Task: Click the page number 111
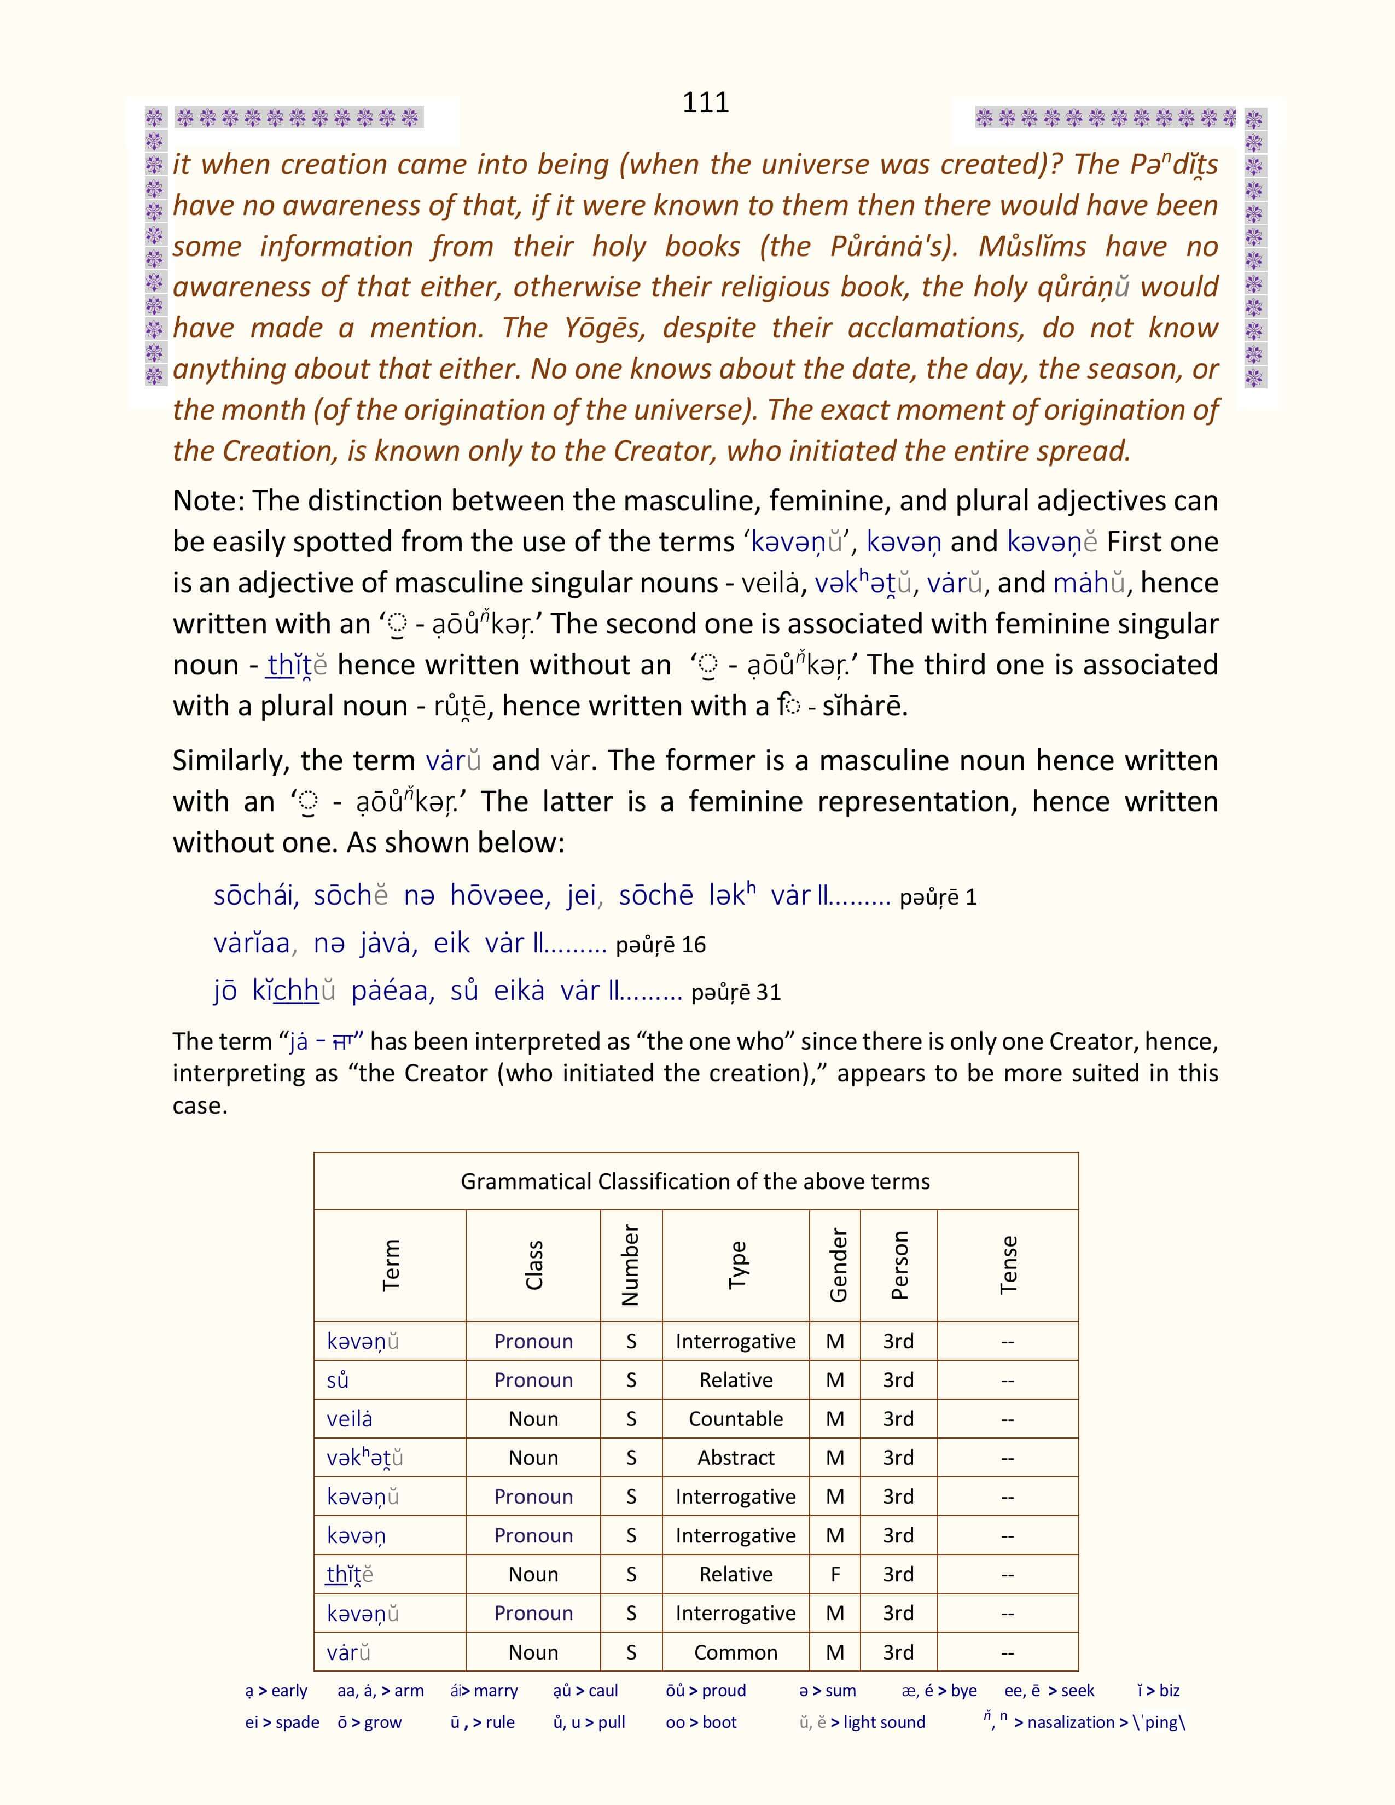pyautogui.click(x=705, y=102)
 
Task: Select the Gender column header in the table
pyautogui.click(x=837, y=1265)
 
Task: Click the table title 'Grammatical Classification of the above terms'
pyautogui.click(x=695, y=1181)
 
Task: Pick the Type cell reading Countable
pyautogui.click(x=735, y=1419)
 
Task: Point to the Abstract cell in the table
pyautogui.click(x=735, y=1458)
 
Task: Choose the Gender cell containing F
pyautogui.click(x=835, y=1574)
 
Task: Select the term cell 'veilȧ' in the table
pyautogui.click(x=350, y=1419)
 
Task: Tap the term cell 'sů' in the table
pyautogui.click(x=338, y=1380)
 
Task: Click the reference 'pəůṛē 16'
pyautogui.click(x=660, y=945)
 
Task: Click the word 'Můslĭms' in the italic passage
pyautogui.click(x=1032, y=246)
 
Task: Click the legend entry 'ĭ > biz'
pyautogui.click(x=1158, y=1691)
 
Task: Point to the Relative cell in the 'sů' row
pyautogui.click(x=735, y=1380)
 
